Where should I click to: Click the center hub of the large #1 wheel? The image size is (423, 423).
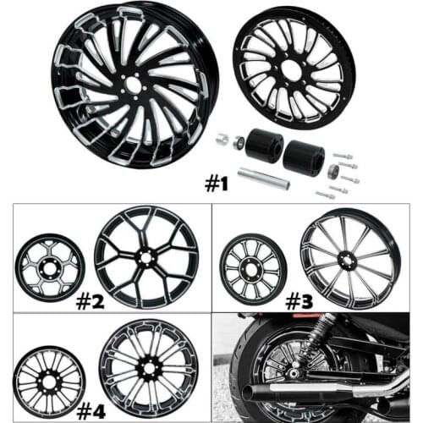pyautogui.click(x=134, y=85)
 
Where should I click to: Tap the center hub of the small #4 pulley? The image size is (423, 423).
pyautogui.click(x=50, y=383)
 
